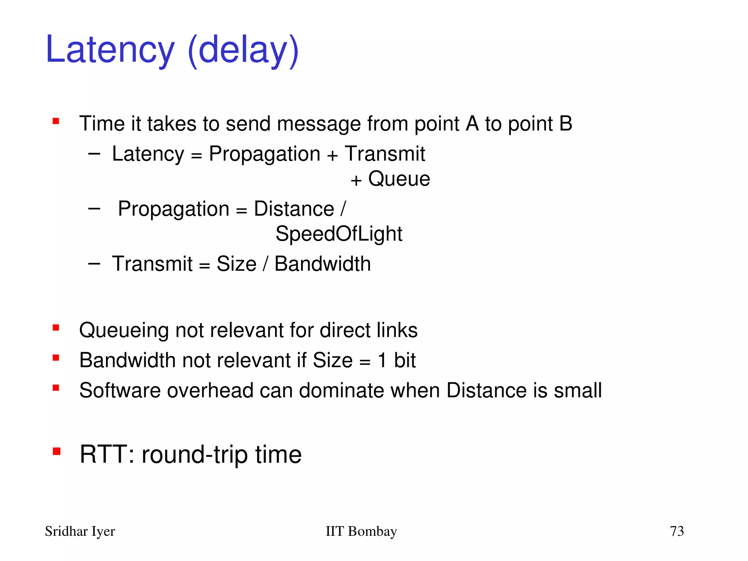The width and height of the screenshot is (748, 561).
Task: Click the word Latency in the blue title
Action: [110, 50]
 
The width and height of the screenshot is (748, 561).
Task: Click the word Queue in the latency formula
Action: [399, 179]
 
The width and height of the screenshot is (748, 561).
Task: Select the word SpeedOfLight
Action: [339, 234]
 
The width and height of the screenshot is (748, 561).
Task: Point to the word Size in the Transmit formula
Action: [236, 264]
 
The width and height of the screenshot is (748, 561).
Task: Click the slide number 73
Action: [676, 531]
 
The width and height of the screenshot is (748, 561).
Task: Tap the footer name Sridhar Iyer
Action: [80, 531]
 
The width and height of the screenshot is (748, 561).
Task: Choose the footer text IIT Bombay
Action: [361, 531]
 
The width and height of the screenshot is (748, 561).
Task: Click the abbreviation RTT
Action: [104, 454]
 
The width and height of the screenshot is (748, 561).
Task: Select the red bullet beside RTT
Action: [56, 452]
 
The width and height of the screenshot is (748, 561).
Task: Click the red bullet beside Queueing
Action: [56, 328]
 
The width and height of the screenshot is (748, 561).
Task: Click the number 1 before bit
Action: [382, 360]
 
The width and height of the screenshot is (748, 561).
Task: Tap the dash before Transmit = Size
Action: [94, 263]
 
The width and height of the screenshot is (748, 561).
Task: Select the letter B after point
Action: [565, 123]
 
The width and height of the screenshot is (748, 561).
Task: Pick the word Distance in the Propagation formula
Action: [294, 209]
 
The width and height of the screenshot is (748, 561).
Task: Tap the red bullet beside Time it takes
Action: [56, 121]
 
